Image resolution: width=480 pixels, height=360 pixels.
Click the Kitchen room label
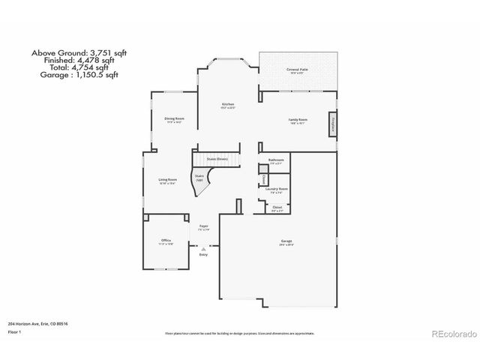[227, 105]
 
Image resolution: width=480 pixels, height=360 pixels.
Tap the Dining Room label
[174, 118]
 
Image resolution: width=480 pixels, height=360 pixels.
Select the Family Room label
[298, 120]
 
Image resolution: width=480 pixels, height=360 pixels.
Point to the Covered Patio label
[298, 69]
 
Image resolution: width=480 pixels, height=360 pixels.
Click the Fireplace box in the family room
[331, 124]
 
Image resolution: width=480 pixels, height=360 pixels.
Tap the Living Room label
[167, 180]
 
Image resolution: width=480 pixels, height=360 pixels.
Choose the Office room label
[166, 240]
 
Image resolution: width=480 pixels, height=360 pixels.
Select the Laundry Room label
[277, 189]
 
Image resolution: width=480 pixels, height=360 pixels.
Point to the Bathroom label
[277, 160]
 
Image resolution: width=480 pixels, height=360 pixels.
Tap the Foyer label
[203, 226]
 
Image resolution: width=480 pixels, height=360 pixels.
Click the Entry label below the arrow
[203, 255]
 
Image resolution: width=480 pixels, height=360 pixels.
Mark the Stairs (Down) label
[217, 160]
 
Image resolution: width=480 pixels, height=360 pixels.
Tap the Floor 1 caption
[14, 331]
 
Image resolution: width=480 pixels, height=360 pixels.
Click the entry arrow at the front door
[202, 247]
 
